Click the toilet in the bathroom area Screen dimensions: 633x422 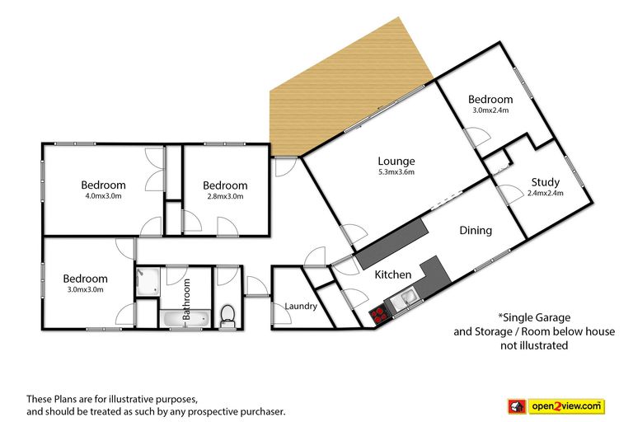tap(227, 316)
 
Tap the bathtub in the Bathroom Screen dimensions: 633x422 tap(185, 319)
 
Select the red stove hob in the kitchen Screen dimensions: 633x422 tap(378, 315)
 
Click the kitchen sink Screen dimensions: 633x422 tap(404, 301)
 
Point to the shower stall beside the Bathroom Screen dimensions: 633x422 tap(148, 281)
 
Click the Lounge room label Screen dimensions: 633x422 tap(396, 161)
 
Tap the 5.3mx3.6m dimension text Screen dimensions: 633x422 tap(396, 172)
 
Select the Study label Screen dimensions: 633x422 tap(546, 182)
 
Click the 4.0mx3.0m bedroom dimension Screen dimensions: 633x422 tap(103, 196)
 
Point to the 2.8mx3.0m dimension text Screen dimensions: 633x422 tap(225, 197)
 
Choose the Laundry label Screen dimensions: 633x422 tap(301, 306)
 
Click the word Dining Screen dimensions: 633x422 tap(476, 231)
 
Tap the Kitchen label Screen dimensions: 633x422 tap(393, 274)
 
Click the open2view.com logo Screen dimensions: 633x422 tap(556, 406)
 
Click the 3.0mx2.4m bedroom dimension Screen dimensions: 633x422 tap(490, 110)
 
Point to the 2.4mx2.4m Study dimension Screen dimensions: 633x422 tap(546, 193)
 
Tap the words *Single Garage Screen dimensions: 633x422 tap(534, 317)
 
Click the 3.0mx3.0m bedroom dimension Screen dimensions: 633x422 tap(85, 289)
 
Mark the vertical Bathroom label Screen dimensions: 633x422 tap(186, 299)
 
